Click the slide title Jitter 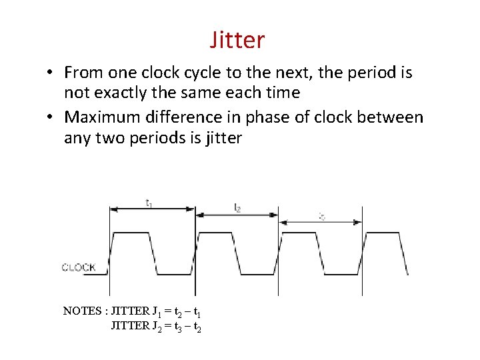[237, 40]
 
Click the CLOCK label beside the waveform [79, 267]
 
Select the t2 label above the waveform [237, 207]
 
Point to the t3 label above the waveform [322, 216]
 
